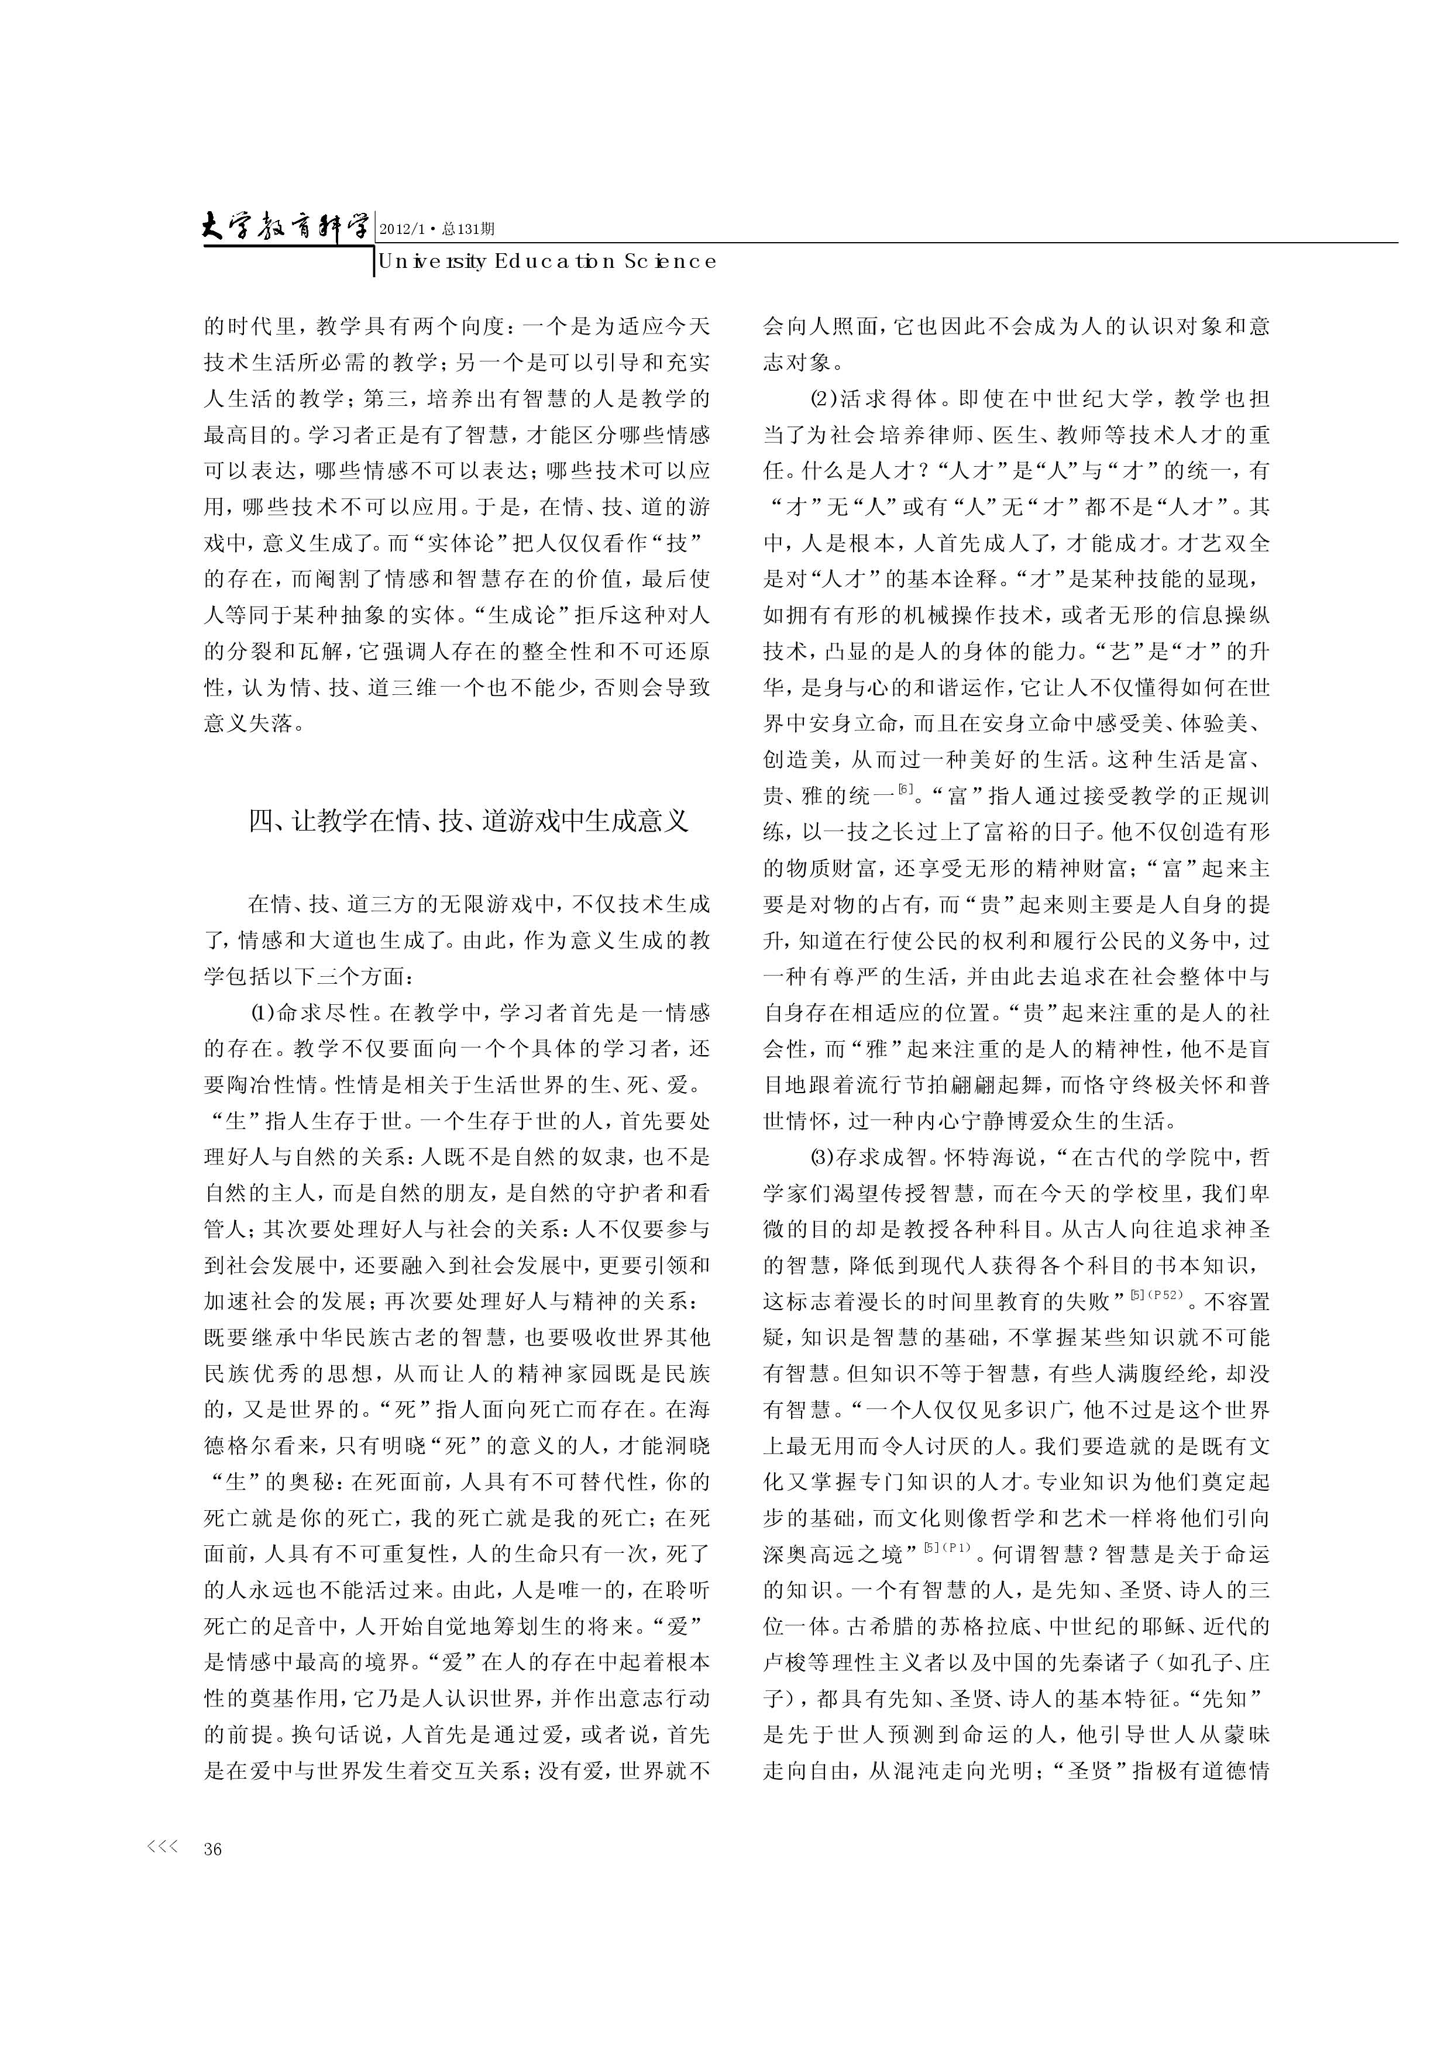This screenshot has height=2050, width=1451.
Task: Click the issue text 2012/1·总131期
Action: [x=437, y=229]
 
